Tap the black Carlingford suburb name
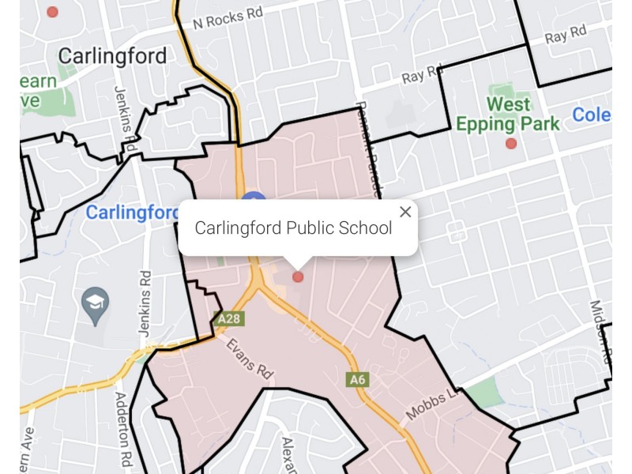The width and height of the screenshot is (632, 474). (112, 56)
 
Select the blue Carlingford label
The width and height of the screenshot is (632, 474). (132, 213)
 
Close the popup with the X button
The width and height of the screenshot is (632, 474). (405, 212)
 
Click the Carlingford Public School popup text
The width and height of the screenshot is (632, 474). (293, 228)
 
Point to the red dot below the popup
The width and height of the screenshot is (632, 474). (298, 276)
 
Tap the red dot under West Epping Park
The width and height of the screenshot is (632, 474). (511, 143)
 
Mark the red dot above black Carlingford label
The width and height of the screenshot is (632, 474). (52, 12)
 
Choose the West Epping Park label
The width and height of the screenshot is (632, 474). (508, 114)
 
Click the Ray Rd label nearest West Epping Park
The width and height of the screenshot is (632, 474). (423, 76)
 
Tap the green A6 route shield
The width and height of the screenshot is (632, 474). (358, 379)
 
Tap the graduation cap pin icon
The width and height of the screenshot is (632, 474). (96, 305)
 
